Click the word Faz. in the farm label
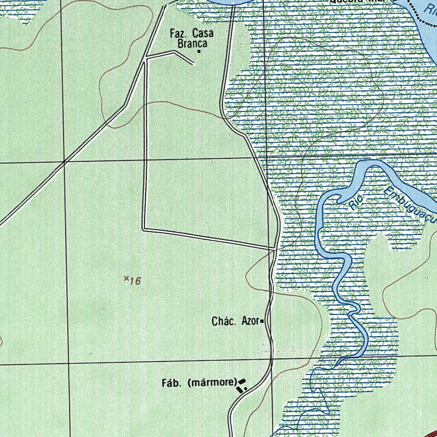(x=178, y=33)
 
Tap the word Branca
(x=192, y=44)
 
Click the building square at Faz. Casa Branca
(x=199, y=52)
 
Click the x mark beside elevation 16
(x=126, y=278)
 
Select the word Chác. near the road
(x=224, y=321)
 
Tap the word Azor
(x=250, y=321)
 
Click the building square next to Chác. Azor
(x=262, y=321)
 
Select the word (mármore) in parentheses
(x=212, y=383)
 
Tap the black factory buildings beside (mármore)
(x=242, y=385)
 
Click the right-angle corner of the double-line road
(x=144, y=229)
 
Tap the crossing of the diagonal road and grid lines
(x=65, y=162)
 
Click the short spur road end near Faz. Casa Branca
(x=194, y=64)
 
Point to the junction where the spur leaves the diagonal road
(x=146, y=58)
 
